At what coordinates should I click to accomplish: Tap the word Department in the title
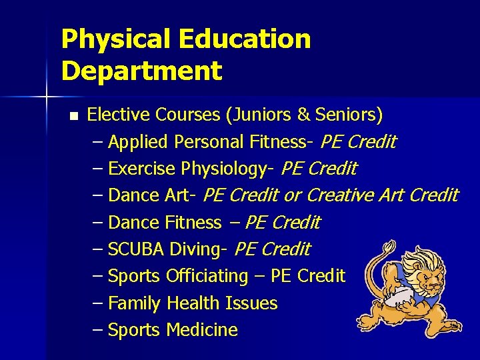tap(141, 70)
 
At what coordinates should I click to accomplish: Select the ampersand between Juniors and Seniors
tap(303, 115)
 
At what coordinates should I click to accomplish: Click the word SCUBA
tap(136, 249)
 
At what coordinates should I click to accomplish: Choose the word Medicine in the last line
tap(202, 329)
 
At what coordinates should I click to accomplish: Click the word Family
tap(135, 303)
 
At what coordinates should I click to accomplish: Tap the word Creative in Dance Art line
tap(340, 195)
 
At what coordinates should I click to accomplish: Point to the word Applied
tap(138, 142)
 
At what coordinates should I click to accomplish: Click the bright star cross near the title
tap(46, 97)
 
